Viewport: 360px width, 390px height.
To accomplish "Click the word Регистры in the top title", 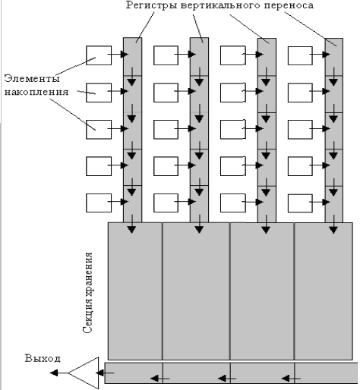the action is (x=151, y=5).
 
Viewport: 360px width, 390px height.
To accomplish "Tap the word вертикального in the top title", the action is (x=220, y=5).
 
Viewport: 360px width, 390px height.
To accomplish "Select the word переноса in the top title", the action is (x=289, y=5).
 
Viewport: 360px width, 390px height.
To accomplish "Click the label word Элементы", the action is (x=32, y=78).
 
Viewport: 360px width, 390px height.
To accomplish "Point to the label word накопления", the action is (x=36, y=92).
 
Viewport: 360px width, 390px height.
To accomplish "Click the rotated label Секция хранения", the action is (x=87, y=292).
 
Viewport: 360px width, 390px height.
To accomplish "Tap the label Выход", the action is (x=43, y=358).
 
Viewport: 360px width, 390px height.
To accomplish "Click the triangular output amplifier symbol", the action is (x=84, y=373).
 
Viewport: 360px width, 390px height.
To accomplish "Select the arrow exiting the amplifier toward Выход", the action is (x=58, y=373).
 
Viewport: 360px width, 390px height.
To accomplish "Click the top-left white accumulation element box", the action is (x=99, y=55).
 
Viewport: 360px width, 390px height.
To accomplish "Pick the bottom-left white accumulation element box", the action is (x=99, y=203).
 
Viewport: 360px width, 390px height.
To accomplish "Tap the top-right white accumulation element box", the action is (x=300, y=55).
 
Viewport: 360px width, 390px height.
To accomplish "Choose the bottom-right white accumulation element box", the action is (x=300, y=203).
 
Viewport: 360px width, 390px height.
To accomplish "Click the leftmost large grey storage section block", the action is (x=135, y=291).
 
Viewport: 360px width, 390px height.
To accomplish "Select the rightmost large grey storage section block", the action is (x=324, y=291).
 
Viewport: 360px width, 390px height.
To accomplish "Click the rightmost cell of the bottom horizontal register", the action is (x=326, y=373).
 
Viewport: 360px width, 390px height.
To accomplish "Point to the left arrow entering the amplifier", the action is (x=105, y=373).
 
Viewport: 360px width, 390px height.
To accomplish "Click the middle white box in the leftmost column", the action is (x=99, y=130).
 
